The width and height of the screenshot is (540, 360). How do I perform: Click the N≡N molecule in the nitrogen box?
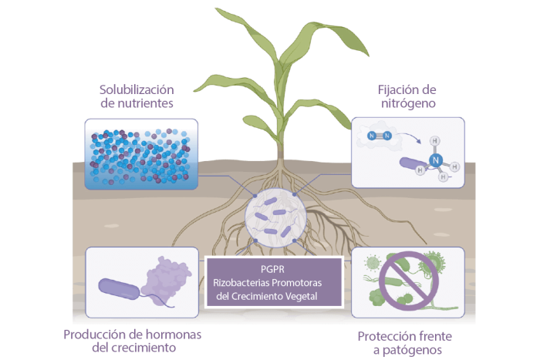tap(380, 136)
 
